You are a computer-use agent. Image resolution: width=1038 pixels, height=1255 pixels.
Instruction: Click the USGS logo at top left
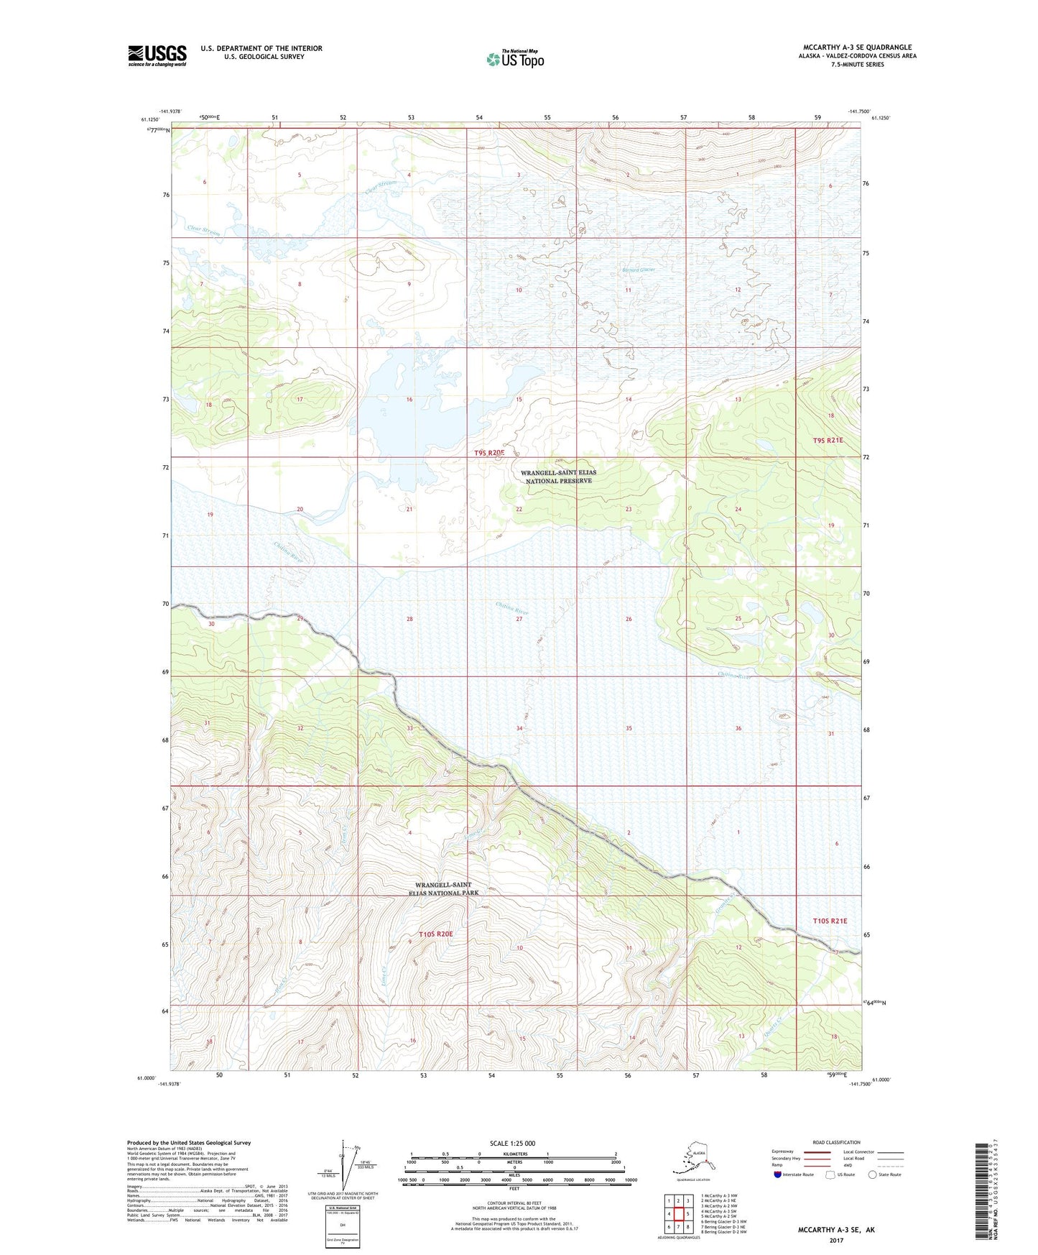coord(157,55)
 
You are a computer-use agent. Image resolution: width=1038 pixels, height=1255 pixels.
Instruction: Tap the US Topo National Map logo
coord(514,59)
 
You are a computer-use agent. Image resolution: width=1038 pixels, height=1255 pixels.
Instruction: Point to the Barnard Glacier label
coord(638,270)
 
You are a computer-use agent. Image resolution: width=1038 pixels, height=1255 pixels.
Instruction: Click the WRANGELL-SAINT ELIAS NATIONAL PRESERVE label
coord(558,477)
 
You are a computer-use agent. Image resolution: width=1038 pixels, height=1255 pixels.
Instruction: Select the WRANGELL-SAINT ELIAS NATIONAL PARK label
coord(447,888)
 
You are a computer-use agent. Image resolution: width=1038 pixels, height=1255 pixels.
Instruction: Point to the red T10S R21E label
coord(830,921)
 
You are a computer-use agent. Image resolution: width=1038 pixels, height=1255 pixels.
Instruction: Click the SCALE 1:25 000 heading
coord(512,1143)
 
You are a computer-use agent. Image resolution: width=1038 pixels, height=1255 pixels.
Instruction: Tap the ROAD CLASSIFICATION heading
coord(836,1142)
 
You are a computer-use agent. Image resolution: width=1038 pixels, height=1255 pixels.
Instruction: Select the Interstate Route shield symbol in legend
coord(777,1174)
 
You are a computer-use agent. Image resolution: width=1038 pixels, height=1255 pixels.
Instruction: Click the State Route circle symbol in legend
coord(873,1174)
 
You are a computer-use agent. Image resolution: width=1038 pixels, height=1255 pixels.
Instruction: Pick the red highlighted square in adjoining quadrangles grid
coord(677,1214)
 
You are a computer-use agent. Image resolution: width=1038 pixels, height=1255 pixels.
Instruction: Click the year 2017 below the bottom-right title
coord(836,1240)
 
